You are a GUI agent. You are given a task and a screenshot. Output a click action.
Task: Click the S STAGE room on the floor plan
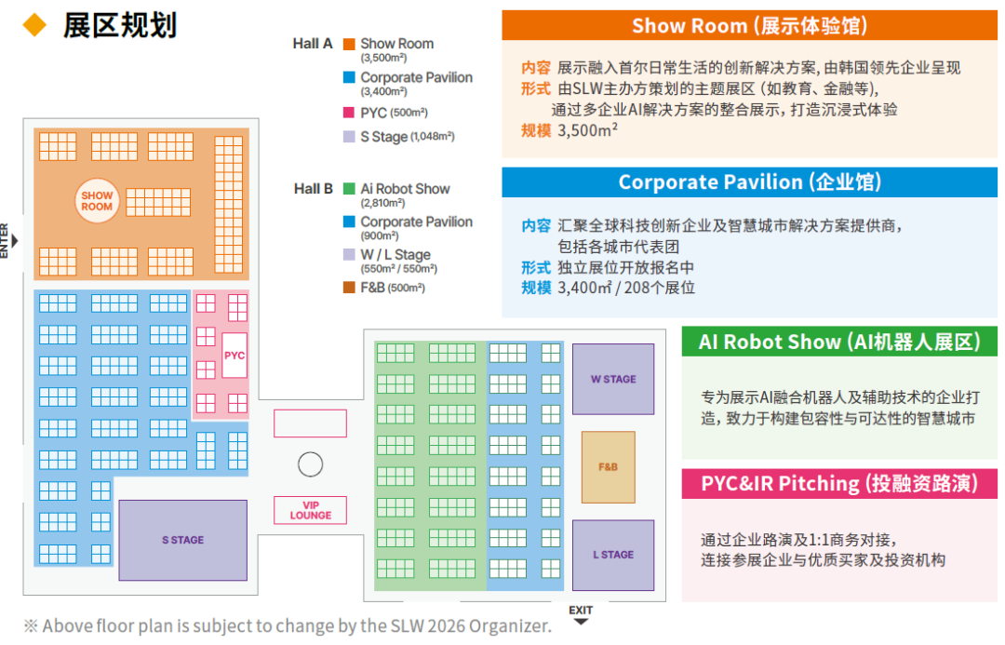click(x=182, y=540)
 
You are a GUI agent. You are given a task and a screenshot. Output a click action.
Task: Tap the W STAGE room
click(x=612, y=379)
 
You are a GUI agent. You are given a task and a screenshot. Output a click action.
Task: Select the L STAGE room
click(x=612, y=555)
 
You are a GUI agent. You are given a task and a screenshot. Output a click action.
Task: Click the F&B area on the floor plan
click(x=609, y=466)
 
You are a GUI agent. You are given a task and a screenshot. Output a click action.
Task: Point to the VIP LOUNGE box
click(x=310, y=510)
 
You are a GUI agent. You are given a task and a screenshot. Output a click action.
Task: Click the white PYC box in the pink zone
click(x=234, y=356)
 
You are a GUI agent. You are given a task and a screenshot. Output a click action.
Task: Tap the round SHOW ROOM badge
click(x=97, y=201)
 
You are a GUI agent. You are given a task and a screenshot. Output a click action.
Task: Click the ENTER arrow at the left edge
click(x=15, y=240)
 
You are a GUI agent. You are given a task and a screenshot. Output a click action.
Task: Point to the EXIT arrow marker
click(x=581, y=621)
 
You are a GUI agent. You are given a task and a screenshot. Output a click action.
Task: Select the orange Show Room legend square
click(x=349, y=44)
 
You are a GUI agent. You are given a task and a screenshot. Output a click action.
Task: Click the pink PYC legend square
click(x=349, y=113)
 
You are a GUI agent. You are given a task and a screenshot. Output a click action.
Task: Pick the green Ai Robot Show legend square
click(x=349, y=189)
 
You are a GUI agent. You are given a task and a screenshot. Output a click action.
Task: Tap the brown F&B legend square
click(x=349, y=288)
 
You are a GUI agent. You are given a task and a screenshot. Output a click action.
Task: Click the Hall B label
click(x=313, y=189)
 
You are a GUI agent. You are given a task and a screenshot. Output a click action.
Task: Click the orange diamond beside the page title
click(x=34, y=25)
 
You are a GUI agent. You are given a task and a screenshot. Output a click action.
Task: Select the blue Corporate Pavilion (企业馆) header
click(x=749, y=182)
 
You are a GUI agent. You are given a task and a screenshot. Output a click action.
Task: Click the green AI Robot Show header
click(x=839, y=342)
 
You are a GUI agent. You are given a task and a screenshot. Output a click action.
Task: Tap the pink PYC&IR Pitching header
click(x=839, y=483)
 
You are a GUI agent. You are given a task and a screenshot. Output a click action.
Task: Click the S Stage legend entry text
click(x=408, y=137)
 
